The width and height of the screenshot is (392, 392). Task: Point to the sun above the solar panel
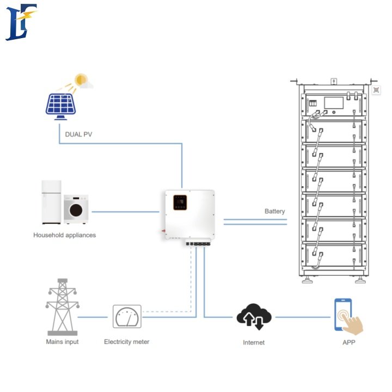(x=82, y=80)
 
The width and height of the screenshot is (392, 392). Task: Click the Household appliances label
(x=64, y=235)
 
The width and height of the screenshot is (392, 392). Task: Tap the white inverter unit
(x=188, y=215)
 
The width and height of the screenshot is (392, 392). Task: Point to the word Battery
(x=274, y=211)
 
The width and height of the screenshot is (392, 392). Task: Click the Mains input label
(x=62, y=342)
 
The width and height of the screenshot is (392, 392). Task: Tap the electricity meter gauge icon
(x=127, y=316)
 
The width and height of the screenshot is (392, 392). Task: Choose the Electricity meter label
(x=126, y=342)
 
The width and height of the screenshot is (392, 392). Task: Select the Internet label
(x=254, y=342)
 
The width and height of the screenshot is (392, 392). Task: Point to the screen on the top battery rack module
(x=333, y=104)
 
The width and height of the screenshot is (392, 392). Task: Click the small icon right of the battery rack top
(x=376, y=90)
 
